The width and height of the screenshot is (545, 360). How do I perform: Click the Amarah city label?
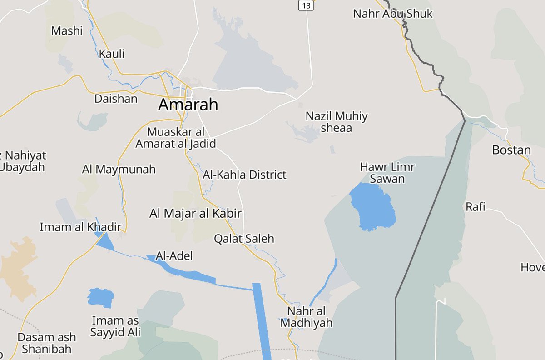(x=188, y=105)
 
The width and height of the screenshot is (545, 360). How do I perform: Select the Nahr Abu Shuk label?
(x=393, y=14)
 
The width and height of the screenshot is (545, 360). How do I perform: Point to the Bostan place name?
(x=511, y=150)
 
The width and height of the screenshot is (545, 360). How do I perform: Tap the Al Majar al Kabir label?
(x=195, y=214)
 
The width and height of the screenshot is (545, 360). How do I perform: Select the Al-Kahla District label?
(x=244, y=175)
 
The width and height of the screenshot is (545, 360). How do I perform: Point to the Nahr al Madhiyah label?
(x=306, y=317)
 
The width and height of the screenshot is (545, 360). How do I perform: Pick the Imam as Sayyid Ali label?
(x=115, y=326)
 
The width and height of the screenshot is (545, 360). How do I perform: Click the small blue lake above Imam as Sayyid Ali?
(x=100, y=298)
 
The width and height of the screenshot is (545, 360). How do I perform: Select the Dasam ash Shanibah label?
(x=47, y=343)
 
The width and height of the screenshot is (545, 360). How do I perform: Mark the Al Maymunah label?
(x=119, y=170)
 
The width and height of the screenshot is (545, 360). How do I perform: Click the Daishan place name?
(x=116, y=99)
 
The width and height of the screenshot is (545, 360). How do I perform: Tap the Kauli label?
(x=112, y=54)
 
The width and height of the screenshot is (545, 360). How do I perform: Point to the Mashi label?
(x=67, y=31)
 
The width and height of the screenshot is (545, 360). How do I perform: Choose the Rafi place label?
(x=475, y=207)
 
